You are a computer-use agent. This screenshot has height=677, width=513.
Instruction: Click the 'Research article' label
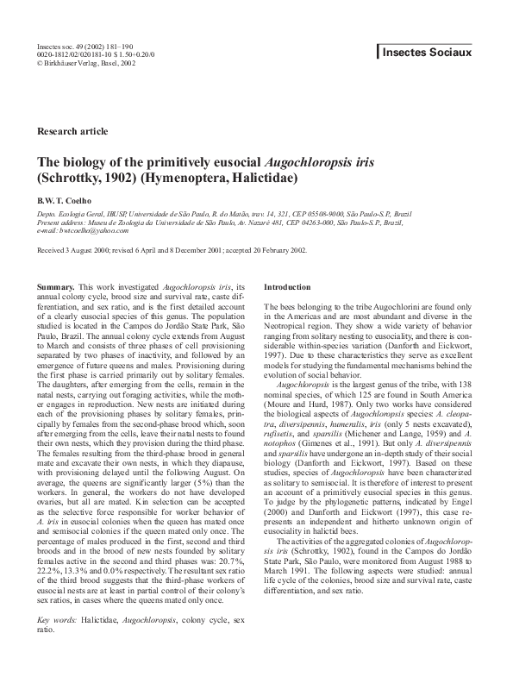[73, 131]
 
